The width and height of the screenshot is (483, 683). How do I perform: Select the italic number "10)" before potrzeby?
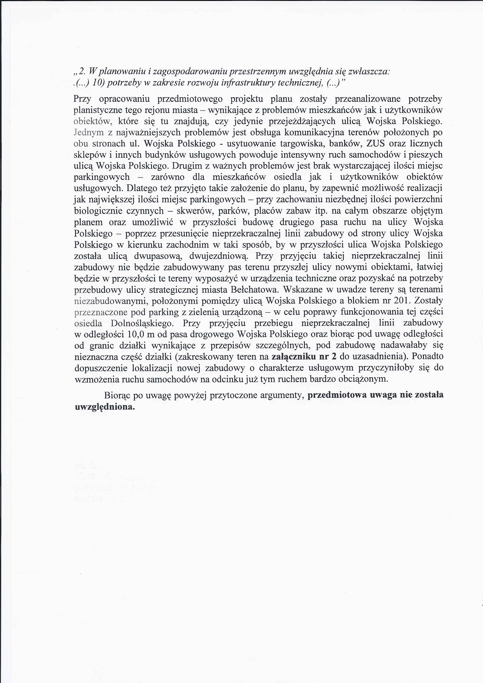[x=98, y=83]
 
